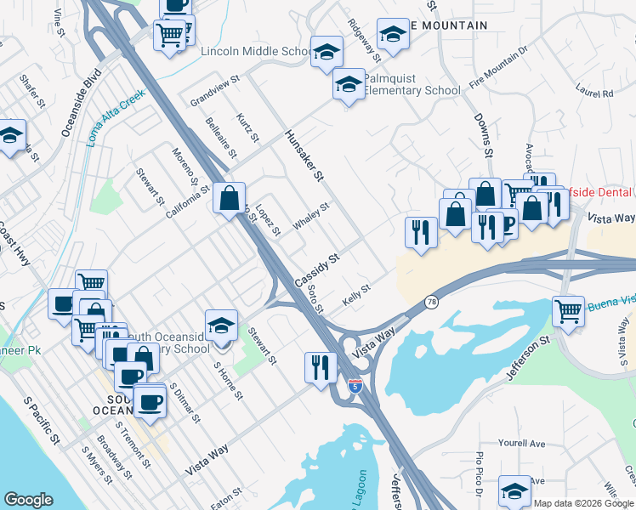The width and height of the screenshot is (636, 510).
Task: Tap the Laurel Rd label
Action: point(593,88)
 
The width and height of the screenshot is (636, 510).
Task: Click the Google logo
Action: point(29,500)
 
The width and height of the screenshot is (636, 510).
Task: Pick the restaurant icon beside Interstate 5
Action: point(320,367)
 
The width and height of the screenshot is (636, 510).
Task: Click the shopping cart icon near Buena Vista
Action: point(568,310)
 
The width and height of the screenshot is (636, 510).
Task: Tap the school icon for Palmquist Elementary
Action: point(348,86)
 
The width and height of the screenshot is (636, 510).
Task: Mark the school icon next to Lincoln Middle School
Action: point(326,52)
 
